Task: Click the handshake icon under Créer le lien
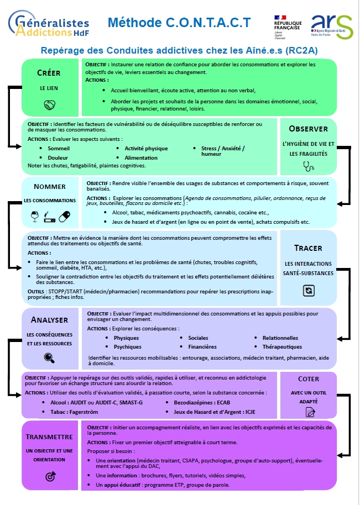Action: click(49, 105)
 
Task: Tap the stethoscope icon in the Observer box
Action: click(308, 165)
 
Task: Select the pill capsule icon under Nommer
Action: click(65, 217)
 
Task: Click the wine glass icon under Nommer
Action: click(34, 217)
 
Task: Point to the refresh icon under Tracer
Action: click(308, 290)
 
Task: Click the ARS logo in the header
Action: click(331, 26)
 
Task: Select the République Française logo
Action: click(288, 27)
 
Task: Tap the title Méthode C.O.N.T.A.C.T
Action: click(179, 23)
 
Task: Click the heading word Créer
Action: click(49, 73)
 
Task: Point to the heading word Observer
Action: click(308, 129)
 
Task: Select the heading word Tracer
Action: click(308, 248)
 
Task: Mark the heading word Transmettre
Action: click(49, 436)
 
